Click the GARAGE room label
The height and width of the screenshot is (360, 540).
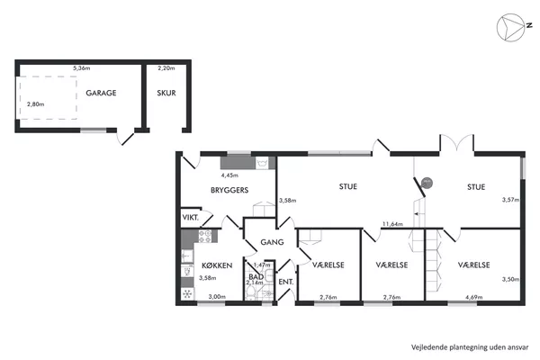click(101, 93)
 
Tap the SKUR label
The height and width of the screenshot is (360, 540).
click(166, 93)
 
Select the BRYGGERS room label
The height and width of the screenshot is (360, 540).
click(229, 190)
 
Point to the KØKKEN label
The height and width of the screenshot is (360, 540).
click(217, 265)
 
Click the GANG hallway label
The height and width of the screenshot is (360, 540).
click(272, 242)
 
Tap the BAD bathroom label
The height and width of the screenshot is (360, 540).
click(256, 276)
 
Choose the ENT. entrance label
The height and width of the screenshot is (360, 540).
click(286, 282)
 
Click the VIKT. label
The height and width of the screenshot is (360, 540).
click(191, 218)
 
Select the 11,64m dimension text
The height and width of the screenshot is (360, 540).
click(392, 224)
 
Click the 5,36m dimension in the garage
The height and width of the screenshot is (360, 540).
click(82, 68)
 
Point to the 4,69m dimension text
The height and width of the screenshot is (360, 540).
click(474, 297)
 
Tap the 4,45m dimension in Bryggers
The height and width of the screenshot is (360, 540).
click(229, 175)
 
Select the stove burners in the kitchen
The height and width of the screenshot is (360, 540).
click(205, 237)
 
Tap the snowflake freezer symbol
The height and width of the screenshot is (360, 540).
click(187, 294)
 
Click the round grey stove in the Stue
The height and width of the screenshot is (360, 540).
click(427, 183)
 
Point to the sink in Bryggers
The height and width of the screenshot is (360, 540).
click(262, 163)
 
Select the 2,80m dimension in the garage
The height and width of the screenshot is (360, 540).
click(36, 104)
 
